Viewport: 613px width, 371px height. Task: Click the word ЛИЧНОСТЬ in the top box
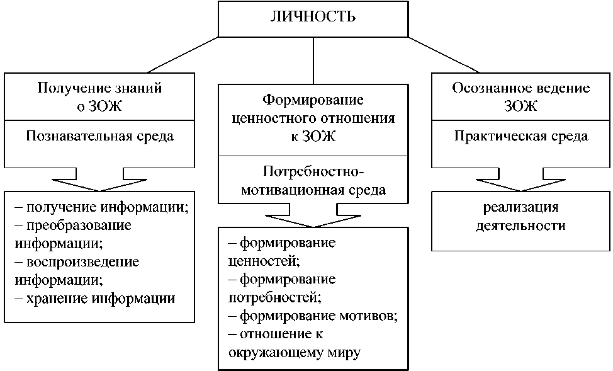pos(312,17)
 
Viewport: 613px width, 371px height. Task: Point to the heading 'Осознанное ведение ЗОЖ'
pos(520,97)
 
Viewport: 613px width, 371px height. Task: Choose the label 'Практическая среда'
pos(520,136)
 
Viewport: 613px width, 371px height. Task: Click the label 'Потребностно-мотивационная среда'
pos(312,180)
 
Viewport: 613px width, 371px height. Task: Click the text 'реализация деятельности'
pos(520,215)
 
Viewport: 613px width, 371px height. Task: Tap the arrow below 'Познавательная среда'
pos(100,180)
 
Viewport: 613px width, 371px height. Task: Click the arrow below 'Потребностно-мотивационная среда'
pos(312,217)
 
